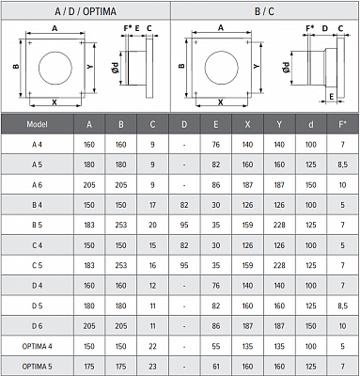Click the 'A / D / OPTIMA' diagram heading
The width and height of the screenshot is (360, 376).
[86, 11]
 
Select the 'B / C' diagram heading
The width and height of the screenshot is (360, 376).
[264, 11]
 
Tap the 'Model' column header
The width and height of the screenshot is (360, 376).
[37, 124]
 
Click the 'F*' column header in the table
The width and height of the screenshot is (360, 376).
[342, 124]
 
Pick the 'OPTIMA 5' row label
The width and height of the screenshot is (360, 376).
[37, 366]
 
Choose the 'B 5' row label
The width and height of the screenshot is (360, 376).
[37, 225]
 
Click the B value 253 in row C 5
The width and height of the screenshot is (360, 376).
[121, 265]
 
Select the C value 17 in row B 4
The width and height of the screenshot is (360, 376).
[152, 205]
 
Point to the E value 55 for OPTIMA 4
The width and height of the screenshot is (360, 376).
[216, 346]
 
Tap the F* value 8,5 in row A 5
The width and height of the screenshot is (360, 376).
[343, 164]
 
